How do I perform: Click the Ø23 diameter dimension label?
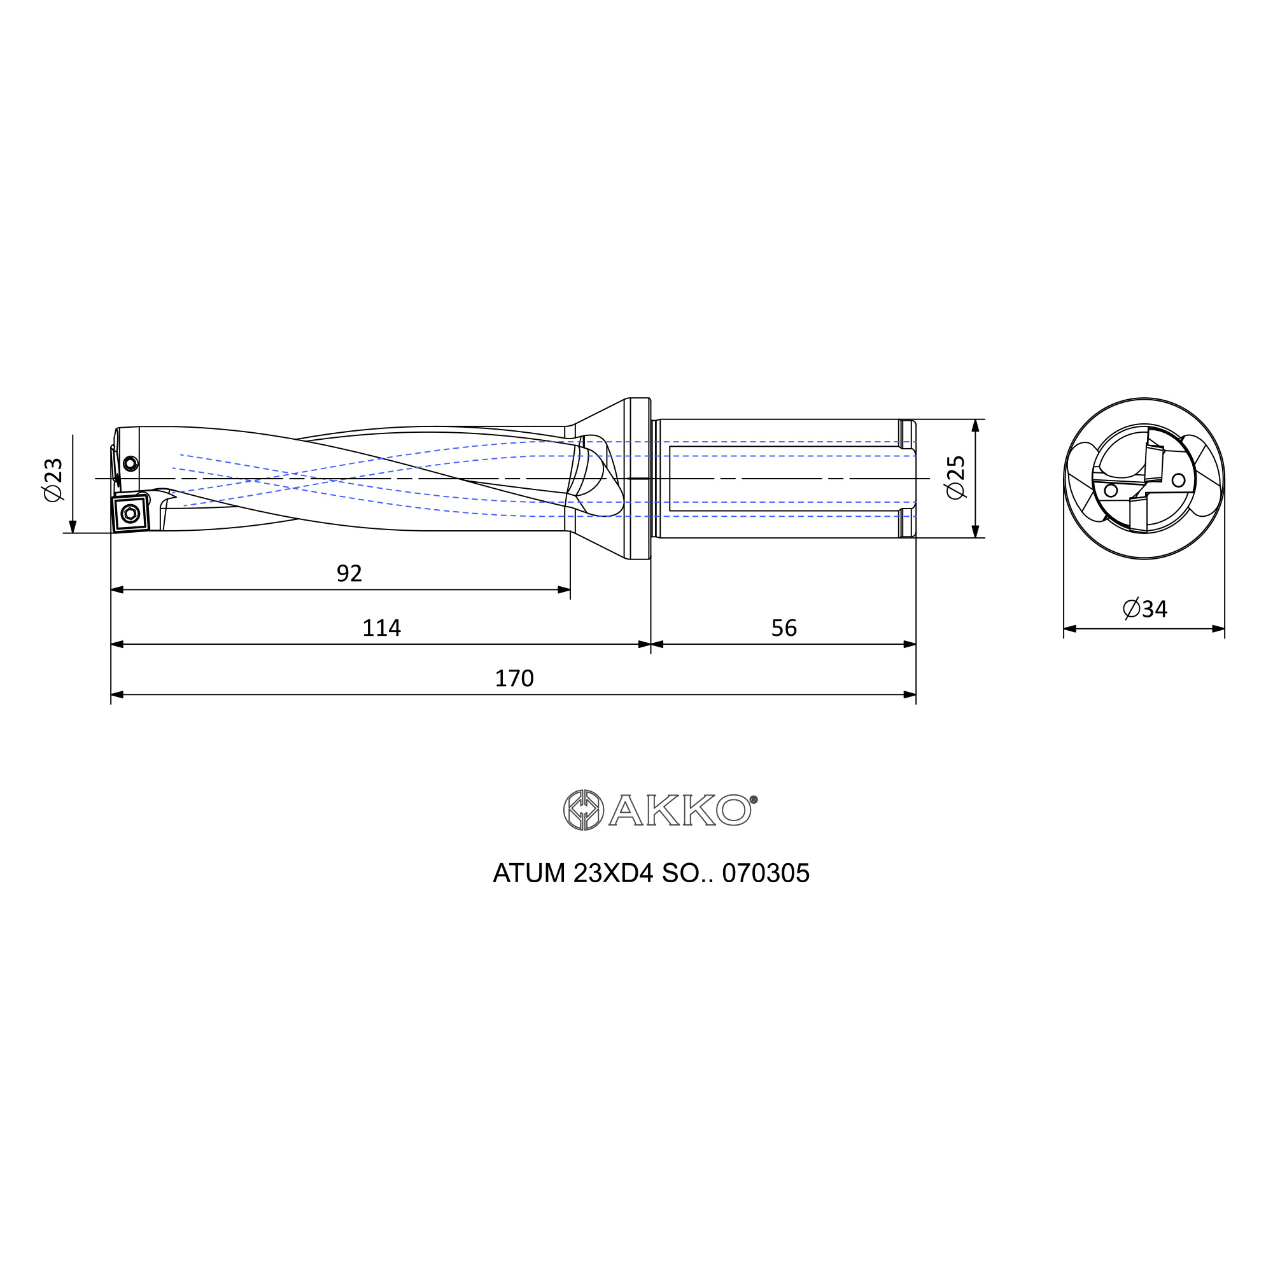pyautogui.click(x=53, y=480)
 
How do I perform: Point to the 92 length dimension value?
pyautogui.click(x=349, y=573)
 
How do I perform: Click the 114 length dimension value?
pyautogui.click(x=381, y=628)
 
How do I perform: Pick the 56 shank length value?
pyautogui.click(x=784, y=628)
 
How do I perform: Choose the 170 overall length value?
pyautogui.click(x=514, y=678)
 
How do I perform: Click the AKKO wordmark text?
pyautogui.click(x=679, y=810)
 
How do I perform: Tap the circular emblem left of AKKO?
pyautogui.click(x=583, y=810)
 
